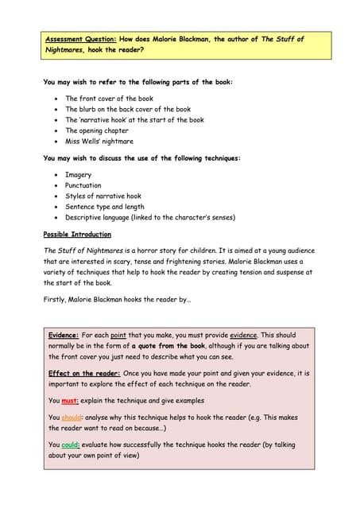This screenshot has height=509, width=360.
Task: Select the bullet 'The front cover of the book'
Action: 109,99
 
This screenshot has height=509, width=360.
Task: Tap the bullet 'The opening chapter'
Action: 96,130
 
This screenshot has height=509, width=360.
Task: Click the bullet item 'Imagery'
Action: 78,175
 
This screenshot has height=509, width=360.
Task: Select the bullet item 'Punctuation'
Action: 83,185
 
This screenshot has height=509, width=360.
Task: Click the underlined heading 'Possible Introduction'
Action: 77,235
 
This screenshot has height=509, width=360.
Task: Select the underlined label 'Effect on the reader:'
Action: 84,373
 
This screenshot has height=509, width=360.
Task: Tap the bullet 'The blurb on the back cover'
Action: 127,109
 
